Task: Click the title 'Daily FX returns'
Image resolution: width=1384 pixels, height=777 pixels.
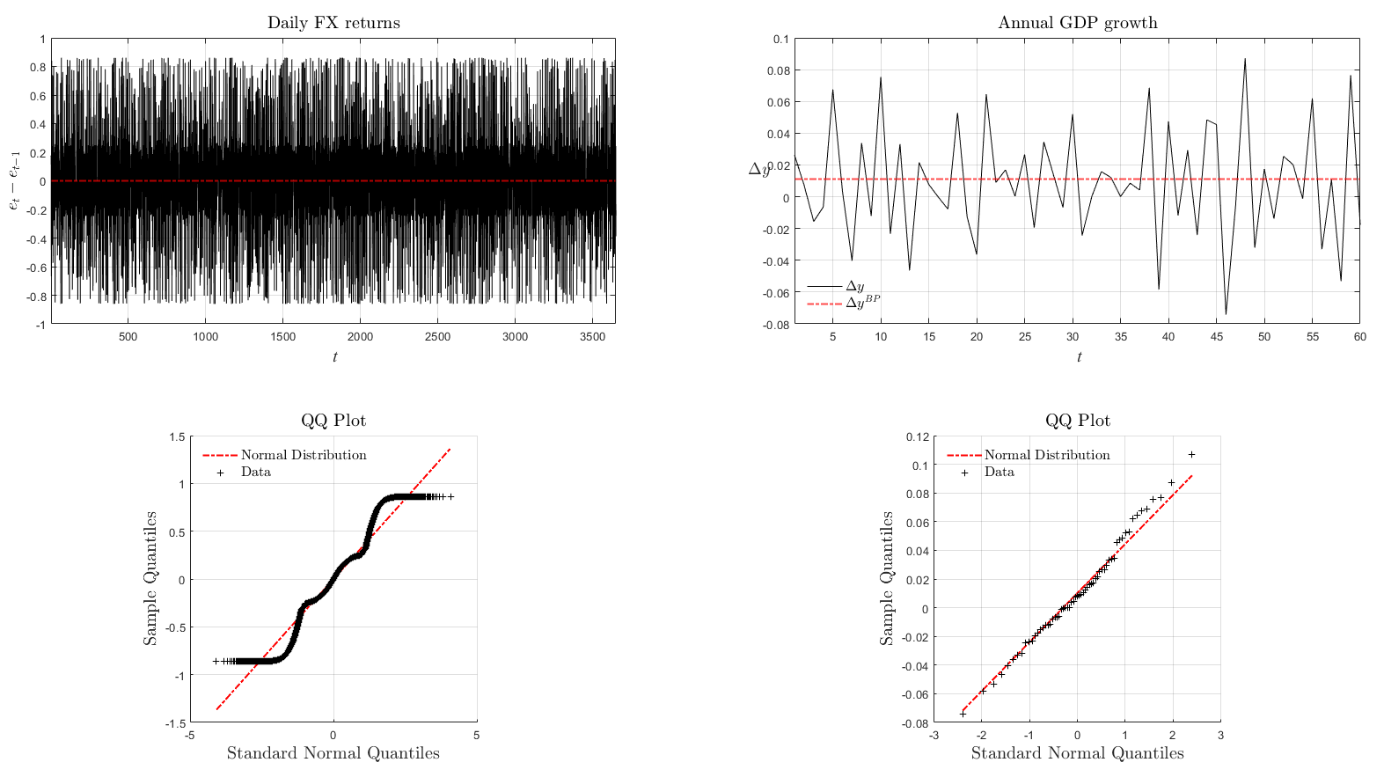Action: [x=333, y=23]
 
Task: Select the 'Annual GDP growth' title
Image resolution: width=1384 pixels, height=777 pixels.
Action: [x=1078, y=23]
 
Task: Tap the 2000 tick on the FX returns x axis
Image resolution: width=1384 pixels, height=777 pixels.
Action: [x=360, y=337]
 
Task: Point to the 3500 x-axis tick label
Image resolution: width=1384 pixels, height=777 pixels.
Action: [x=592, y=337]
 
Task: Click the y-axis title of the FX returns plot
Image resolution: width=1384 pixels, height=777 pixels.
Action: [x=15, y=180]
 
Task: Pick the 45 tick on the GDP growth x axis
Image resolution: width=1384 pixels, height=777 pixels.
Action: [x=1217, y=337]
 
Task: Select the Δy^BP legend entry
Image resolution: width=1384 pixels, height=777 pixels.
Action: [x=844, y=303]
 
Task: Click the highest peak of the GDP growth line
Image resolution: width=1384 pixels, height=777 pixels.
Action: [x=1245, y=59]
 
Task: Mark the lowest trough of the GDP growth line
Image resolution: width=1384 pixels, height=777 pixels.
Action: [x=1226, y=314]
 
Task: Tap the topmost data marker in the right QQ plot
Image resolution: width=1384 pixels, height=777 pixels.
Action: [x=1192, y=455]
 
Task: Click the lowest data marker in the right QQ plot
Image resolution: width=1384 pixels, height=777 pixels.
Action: [x=963, y=714]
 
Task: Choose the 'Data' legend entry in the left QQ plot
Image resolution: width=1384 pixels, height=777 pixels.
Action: [x=238, y=473]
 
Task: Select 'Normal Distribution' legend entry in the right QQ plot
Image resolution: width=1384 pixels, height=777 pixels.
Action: [x=1029, y=455]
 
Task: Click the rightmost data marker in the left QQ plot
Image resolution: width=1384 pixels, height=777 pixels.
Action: [x=451, y=497]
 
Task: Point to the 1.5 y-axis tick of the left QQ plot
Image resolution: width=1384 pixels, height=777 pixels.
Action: [x=178, y=437]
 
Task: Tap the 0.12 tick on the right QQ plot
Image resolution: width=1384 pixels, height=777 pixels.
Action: [x=918, y=437]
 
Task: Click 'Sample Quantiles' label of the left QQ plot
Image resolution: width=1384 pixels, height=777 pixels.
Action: [x=150, y=579]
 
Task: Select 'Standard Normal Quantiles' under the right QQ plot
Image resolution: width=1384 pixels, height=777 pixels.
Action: [x=1078, y=753]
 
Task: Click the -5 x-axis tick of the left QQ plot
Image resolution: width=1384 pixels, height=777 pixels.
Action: [x=190, y=736]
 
